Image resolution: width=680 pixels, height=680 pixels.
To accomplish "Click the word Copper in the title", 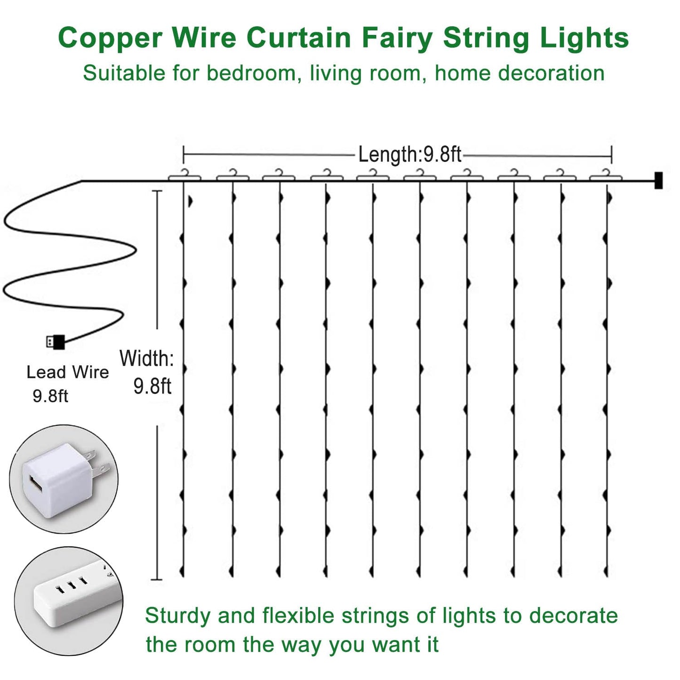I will (110, 38).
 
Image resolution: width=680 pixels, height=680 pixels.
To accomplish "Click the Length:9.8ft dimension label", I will (409, 154).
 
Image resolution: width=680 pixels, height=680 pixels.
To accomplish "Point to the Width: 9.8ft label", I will (147, 372).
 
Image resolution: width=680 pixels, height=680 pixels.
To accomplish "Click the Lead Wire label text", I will (68, 372).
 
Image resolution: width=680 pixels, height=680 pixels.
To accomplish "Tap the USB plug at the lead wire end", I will (56, 342).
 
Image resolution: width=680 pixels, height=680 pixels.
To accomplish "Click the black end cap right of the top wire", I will (658, 180).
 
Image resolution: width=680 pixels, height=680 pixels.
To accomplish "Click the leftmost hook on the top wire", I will (184, 175).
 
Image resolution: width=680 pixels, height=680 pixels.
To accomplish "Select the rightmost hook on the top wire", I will (606, 175).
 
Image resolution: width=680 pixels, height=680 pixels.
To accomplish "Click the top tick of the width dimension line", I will (157, 191).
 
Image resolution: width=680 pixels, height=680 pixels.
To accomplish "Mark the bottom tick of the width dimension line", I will (157, 579).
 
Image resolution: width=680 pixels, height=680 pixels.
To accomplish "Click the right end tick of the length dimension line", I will (611, 154).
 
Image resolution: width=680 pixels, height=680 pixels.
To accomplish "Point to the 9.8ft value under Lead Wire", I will (50, 396).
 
